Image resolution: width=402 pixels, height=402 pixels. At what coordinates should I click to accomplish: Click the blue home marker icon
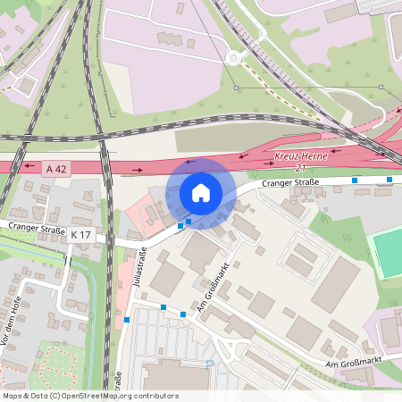(x=201, y=192)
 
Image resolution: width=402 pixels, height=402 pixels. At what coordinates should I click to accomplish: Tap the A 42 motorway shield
(x=55, y=167)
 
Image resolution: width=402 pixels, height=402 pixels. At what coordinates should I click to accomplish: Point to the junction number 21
(x=301, y=168)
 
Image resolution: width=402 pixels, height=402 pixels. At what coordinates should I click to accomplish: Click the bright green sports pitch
(x=387, y=253)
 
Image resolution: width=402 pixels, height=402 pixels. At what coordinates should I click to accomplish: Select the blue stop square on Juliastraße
(x=127, y=320)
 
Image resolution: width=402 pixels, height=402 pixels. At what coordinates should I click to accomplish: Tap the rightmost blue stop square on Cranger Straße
(x=389, y=180)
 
